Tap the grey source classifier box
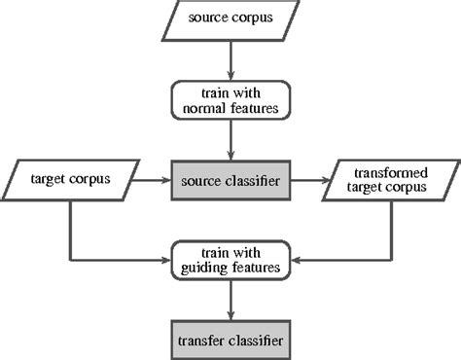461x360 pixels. (x=230, y=180)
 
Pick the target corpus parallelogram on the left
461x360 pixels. (x=70, y=180)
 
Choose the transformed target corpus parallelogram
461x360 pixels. (x=389, y=180)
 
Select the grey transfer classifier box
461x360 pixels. (x=230, y=340)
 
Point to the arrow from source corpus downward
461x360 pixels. (x=230, y=60)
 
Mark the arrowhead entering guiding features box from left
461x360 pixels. (x=165, y=260)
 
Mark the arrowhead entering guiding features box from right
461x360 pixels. (x=296, y=260)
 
